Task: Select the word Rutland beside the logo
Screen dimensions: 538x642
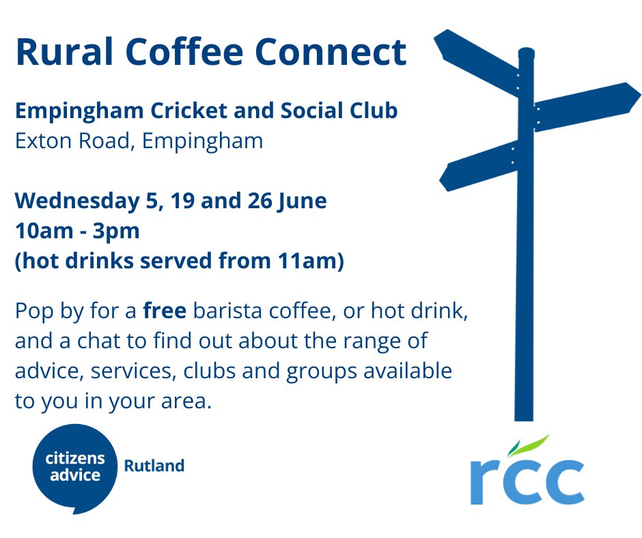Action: tap(154, 466)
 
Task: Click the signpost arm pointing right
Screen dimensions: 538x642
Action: tap(587, 105)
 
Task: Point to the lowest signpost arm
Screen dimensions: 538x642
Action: tap(478, 166)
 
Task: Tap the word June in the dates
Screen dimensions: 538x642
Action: tap(305, 201)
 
